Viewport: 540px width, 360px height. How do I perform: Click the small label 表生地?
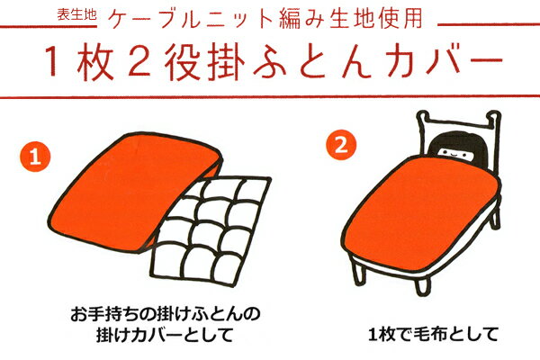(x=76, y=14)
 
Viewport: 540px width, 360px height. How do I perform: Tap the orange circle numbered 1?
(x=35, y=157)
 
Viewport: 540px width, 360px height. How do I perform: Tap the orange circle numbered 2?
(x=341, y=145)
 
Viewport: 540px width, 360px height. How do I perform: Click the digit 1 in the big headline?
(x=51, y=62)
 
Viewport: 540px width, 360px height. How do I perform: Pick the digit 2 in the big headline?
(x=139, y=62)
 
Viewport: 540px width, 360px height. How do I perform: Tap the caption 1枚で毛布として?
(x=433, y=334)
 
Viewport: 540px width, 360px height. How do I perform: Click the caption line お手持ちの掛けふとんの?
(x=166, y=314)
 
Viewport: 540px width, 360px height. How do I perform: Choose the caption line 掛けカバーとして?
(x=165, y=334)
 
